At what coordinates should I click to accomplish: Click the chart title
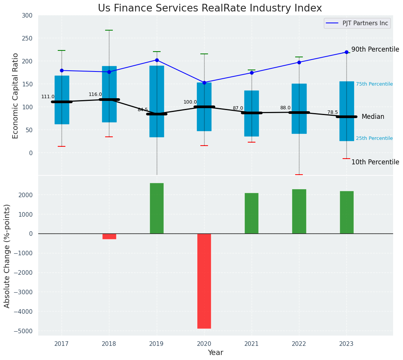tap(210, 8)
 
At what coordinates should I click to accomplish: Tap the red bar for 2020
tap(204, 281)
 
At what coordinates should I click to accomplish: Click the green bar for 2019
tap(156, 208)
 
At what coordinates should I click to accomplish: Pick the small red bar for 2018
tap(109, 236)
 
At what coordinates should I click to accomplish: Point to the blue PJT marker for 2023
tap(346, 52)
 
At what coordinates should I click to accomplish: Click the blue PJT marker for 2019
tap(157, 60)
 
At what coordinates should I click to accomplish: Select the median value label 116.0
tap(95, 94)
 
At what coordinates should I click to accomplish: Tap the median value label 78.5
tap(333, 112)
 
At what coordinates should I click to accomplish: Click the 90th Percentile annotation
tap(375, 49)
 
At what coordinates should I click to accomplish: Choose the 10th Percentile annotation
tap(375, 162)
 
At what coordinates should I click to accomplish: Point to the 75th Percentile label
tap(374, 84)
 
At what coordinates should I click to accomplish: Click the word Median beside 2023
tap(373, 117)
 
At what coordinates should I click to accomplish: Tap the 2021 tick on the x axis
tap(251, 344)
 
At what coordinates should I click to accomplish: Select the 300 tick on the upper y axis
tap(30, 16)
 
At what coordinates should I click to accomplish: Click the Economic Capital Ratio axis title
tap(16, 96)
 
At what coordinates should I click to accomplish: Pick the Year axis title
tap(215, 353)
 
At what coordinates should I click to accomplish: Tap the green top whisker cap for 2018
tap(109, 30)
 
